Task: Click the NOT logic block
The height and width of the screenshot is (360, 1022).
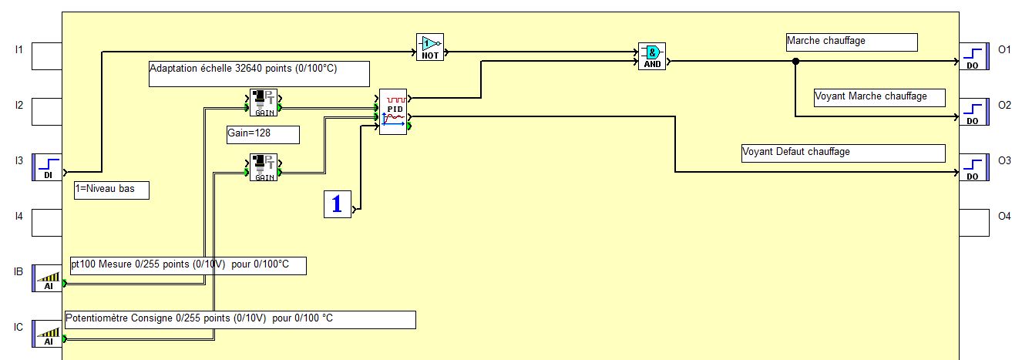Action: [430, 46]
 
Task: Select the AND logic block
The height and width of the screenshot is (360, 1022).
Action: [651, 56]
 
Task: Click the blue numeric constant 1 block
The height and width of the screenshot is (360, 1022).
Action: [337, 204]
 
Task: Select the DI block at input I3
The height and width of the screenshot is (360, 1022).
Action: [47, 167]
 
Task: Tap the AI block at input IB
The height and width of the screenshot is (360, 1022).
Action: [47, 278]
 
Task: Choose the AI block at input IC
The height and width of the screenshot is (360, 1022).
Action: [47, 334]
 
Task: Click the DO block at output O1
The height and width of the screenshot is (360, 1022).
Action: [973, 56]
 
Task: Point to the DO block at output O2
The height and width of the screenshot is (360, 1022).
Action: [973, 111]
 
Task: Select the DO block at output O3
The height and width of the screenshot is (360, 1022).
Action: [973, 167]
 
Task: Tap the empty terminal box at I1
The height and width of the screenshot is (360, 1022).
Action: [47, 56]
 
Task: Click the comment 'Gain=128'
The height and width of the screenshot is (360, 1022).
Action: [262, 134]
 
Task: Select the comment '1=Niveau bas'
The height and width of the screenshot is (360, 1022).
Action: [111, 190]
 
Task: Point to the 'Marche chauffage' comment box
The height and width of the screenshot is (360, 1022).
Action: [852, 42]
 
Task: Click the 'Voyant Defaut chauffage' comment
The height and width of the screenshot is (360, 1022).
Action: [842, 153]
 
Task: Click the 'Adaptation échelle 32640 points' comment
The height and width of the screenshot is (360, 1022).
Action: [259, 73]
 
